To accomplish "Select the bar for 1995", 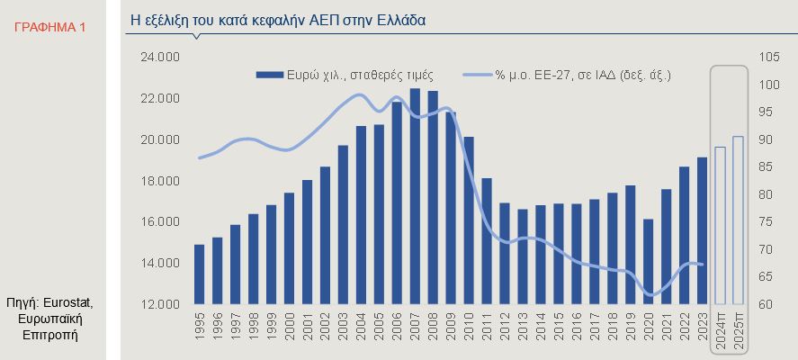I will (x=199, y=274).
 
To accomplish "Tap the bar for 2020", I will (x=648, y=261).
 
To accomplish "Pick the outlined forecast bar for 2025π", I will (x=738, y=220).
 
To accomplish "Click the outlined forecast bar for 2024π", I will (x=720, y=225).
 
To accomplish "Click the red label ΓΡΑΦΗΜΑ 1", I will (x=50, y=27).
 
